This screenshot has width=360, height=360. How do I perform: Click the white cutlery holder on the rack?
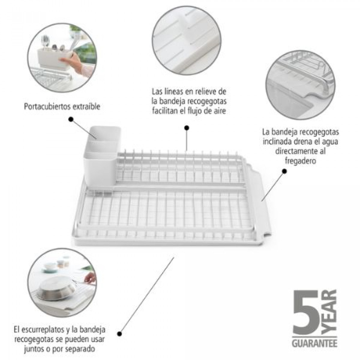(x=102, y=156)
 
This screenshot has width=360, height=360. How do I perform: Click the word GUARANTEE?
(x=315, y=343)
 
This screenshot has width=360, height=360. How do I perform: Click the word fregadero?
(x=301, y=161)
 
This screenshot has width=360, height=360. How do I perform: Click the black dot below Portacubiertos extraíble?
(x=71, y=119)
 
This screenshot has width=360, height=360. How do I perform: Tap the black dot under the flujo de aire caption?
(x=186, y=128)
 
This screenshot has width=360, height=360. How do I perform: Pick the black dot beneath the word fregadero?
(x=284, y=171)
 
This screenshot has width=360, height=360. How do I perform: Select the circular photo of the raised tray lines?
(x=187, y=40)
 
